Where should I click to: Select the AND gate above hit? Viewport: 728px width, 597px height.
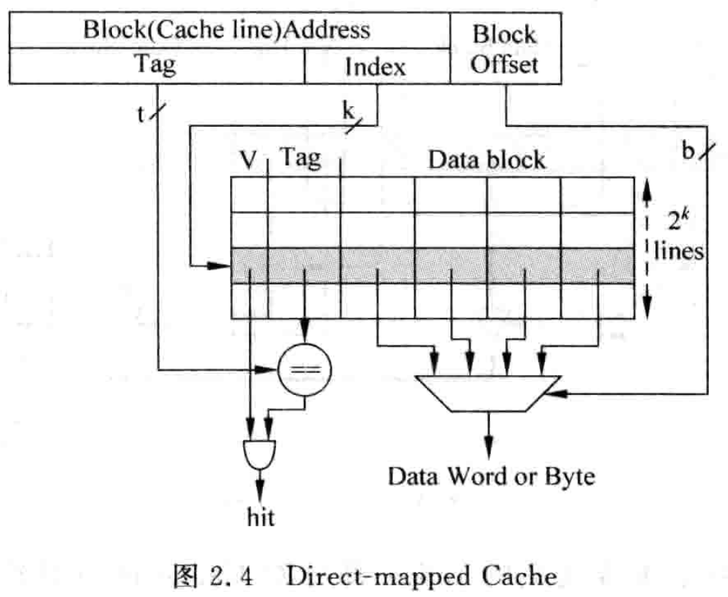(259, 455)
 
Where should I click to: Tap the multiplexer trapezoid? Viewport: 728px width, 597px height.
(488, 393)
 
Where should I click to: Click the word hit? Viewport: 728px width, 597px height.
(260, 518)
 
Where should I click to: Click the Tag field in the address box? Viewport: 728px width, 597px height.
(155, 65)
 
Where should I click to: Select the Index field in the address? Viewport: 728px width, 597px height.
(375, 67)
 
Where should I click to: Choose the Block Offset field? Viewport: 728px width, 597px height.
(504, 49)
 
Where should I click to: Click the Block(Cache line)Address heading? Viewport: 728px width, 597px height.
(226, 30)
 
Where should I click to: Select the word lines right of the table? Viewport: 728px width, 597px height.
(679, 253)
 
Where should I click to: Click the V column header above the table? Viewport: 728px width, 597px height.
(249, 160)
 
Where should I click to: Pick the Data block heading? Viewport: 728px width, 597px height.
(487, 160)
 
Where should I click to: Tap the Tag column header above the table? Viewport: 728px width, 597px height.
(302, 157)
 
